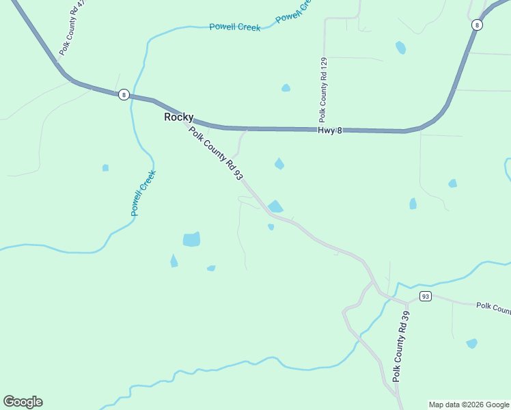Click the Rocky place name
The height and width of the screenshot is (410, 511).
click(179, 118)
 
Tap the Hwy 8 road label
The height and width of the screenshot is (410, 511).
click(329, 130)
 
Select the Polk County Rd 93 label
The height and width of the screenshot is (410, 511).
click(216, 154)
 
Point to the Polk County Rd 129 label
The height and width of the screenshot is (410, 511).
click(323, 89)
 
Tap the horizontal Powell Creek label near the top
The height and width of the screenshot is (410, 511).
click(234, 27)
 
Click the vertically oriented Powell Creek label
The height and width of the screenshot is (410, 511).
click(144, 193)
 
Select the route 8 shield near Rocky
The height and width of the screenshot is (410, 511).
click(124, 95)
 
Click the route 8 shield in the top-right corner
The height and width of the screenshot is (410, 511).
click(477, 25)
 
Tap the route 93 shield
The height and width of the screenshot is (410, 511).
click(426, 296)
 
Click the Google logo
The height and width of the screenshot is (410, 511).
click(23, 402)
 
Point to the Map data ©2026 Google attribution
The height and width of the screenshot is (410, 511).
click(469, 405)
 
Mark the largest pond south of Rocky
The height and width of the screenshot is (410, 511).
click(192, 239)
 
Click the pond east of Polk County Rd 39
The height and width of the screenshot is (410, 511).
click(471, 343)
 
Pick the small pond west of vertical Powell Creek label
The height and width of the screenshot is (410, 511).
click(105, 167)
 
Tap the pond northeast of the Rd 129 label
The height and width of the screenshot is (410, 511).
click(400, 48)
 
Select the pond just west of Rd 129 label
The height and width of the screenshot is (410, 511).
click(286, 87)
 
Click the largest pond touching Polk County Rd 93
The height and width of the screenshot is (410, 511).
click(275, 206)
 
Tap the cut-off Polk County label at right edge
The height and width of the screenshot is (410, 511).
click(493, 307)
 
